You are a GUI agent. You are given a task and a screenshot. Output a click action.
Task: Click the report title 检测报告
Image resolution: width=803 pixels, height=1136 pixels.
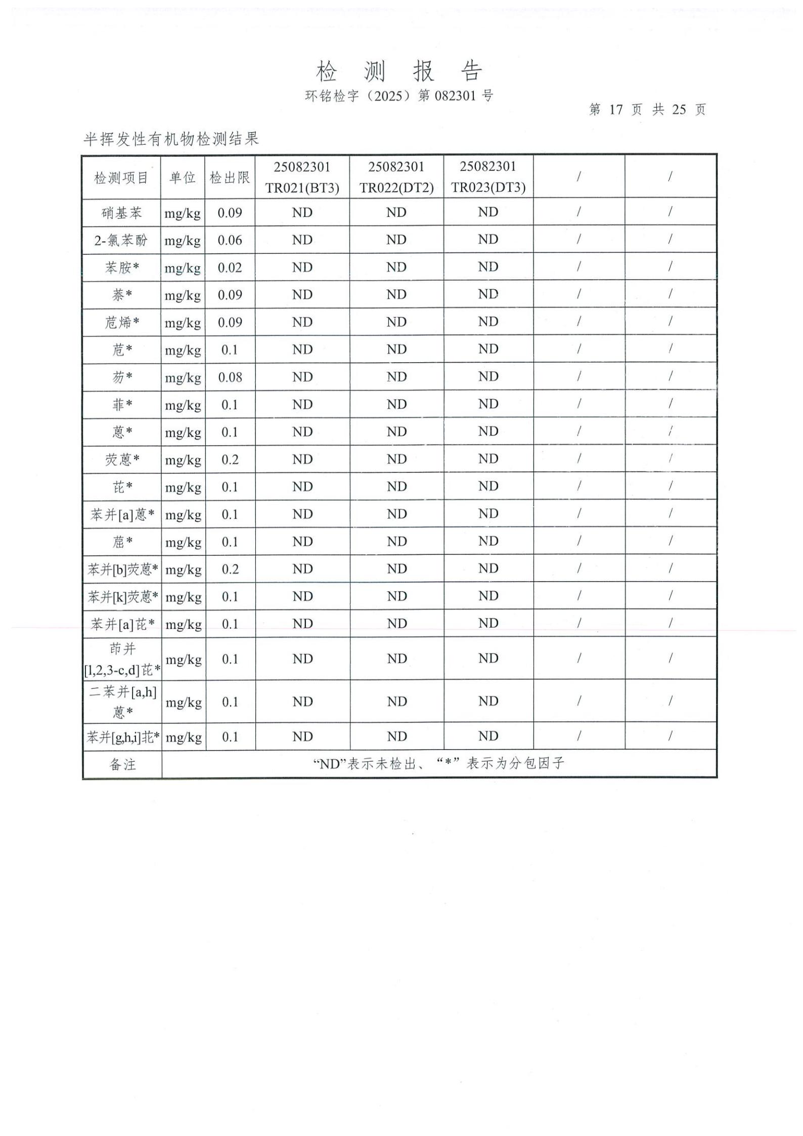(x=399, y=71)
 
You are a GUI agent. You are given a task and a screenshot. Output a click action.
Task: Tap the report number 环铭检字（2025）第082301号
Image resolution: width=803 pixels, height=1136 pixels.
(x=399, y=96)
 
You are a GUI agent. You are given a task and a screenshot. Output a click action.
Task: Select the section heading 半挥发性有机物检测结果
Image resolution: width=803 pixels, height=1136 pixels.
(x=171, y=139)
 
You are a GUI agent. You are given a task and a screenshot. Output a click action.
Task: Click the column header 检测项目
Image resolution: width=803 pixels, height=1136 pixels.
(x=121, y=178)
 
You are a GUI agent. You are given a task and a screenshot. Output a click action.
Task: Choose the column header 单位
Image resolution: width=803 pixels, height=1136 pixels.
(x=183, y=178)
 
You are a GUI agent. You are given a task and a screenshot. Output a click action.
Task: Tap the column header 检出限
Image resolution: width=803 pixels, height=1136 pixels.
(x=230, y=178)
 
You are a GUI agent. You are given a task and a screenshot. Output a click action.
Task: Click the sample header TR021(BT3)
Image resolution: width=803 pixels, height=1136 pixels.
(x=302, y=188)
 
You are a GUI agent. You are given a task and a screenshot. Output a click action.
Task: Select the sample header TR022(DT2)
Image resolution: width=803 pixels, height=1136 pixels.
(x=396, y=188)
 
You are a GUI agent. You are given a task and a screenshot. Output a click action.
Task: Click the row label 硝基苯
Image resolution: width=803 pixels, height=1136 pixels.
(x=121, y=213)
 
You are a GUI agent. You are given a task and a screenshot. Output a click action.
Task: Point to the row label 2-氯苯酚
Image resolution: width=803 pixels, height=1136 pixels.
(x=121, y=240)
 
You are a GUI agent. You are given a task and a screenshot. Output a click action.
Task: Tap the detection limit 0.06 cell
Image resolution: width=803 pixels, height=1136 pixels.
(x=230, y=240)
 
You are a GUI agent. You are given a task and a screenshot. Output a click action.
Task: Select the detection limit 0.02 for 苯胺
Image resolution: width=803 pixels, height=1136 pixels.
(x=230, y=268)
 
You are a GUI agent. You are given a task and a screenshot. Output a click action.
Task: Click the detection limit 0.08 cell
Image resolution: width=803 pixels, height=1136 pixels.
(x=230, y=377)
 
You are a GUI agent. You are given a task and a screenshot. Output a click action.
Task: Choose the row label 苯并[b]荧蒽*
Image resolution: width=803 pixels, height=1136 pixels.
(x=122, y=570)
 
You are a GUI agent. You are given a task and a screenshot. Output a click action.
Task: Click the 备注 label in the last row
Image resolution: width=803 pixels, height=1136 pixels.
(x=122, y=764)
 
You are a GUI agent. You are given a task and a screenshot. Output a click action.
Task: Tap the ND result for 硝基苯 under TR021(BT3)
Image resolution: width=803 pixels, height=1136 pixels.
(x=302, y=213)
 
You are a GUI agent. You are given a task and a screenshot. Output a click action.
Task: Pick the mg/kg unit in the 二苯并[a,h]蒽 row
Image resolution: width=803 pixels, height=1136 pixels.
(x=184, y=702)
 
